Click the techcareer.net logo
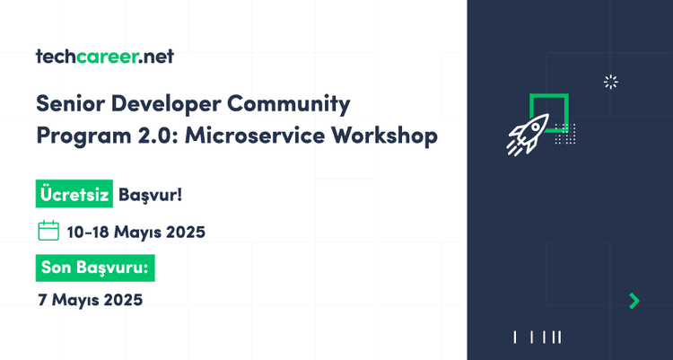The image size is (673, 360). click(x=104, y=57)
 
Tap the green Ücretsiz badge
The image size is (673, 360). click(x=74, y=193)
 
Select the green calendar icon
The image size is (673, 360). click(x=48, y=231)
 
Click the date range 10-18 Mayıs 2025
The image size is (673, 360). click(x=136, y=232)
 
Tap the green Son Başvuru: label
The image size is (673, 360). click(x=101, y=267)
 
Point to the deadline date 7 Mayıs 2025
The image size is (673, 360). click(x=90, y=299)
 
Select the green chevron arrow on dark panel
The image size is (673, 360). click(x=634, y=301)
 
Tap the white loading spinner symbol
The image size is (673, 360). click(x=611, y=83)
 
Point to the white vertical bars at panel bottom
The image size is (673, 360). click(x=538, y=338)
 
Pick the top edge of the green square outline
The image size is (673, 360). click(x=549, y=94)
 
